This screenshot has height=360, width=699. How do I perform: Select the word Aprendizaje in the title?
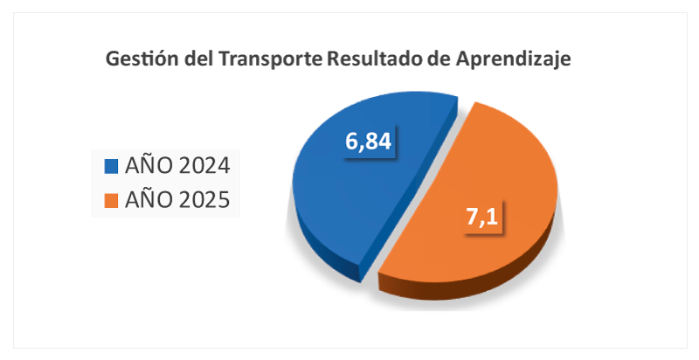pos(517,60)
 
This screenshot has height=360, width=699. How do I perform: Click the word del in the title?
pos(195,60)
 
